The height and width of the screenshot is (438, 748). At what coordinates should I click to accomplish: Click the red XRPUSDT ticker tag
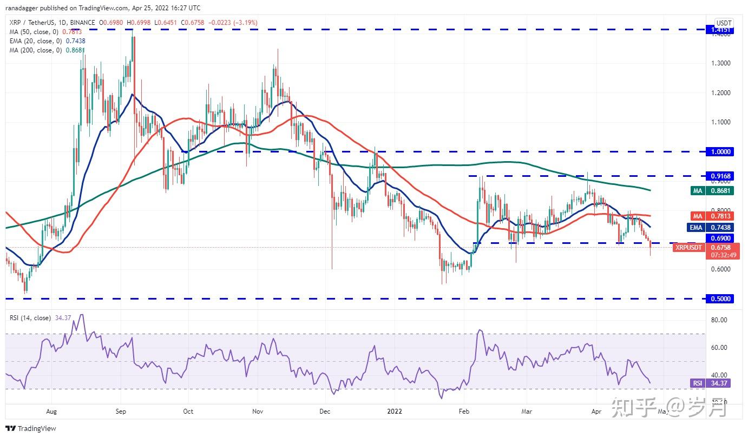pyautogui.click(x=688, y=248)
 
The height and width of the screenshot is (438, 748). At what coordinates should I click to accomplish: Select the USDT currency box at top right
pyautogui.click(x=724, y=23)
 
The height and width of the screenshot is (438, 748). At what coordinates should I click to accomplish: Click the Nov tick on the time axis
pyautogui.click(x=258, y=411)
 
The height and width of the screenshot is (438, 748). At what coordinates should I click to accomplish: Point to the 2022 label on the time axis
pyautogui.click(x=395, y=411)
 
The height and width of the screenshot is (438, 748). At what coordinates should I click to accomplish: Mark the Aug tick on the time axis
pyautogui.click(x=52, y=411)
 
